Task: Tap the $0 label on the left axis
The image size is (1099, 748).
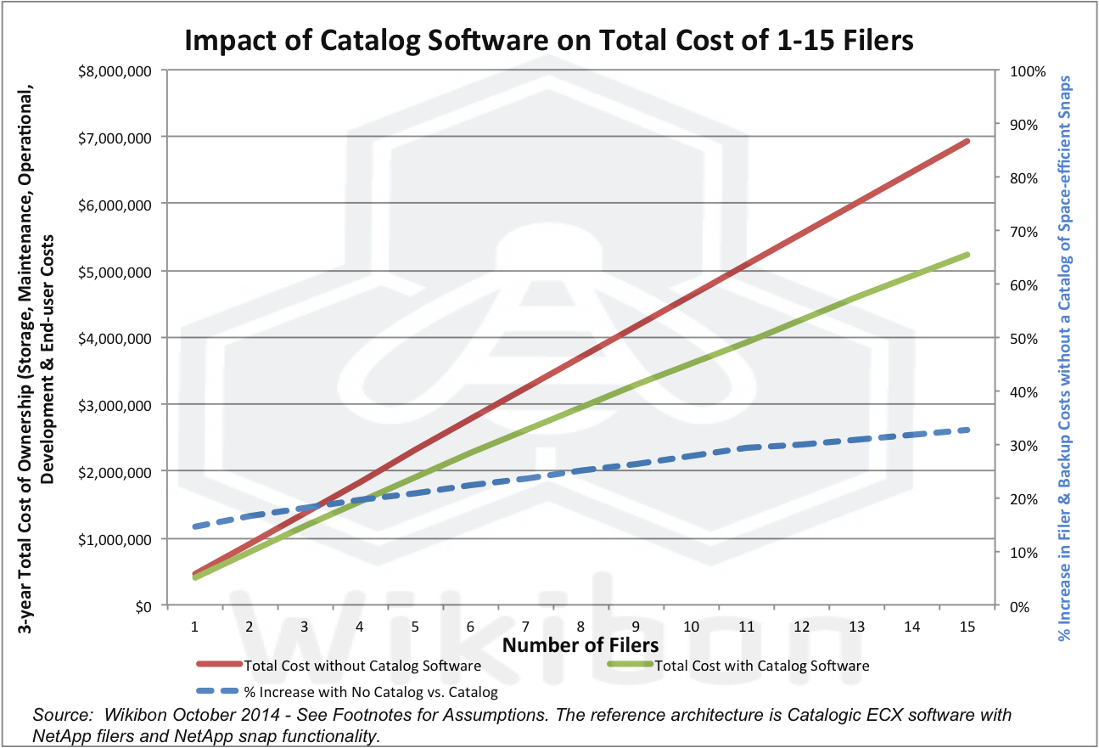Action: pos(140,606)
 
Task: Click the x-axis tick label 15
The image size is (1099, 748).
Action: pos(967,627)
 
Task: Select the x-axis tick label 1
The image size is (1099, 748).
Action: pos(195,627)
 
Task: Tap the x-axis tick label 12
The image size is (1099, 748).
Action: pos(801,627)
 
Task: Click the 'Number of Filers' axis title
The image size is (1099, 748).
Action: pos(580,645)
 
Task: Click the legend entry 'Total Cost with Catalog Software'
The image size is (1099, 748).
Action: pos(762,666)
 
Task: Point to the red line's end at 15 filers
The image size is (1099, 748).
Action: pos(967,141)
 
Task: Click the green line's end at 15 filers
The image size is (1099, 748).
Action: pos(967,255)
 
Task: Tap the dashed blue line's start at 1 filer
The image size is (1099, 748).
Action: pos(195,526)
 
